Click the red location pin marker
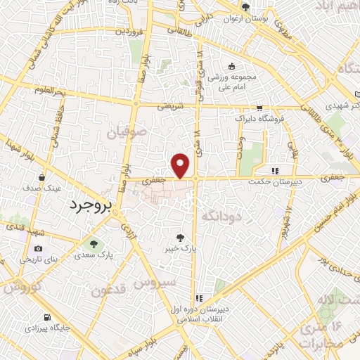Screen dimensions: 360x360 coord(181,165)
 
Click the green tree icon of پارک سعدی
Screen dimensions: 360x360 coord(92,244)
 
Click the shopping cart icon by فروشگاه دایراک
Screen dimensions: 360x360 coord(260,108)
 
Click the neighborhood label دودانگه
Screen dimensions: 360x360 coord(221,217)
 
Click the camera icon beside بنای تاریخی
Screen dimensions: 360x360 coord(38,248)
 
